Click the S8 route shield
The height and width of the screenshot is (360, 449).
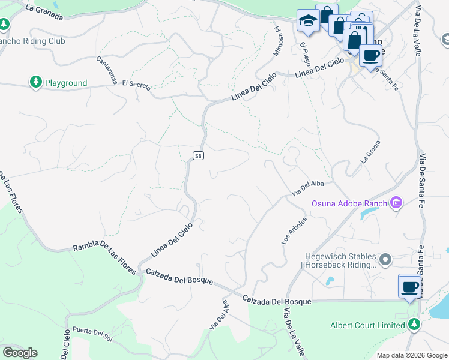pyautogui.click(x=199, y=156)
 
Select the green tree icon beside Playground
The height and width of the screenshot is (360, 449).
pyautogui.click(x=35, y=82)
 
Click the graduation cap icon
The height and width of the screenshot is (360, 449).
pyautogui.click(x=307, y=20)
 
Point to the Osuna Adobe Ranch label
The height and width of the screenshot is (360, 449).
pyautogui.click(x=349, y=203)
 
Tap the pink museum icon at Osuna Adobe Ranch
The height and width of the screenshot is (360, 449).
pyautogui.click(x=396, y=203)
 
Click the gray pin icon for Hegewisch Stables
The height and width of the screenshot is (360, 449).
pyautogui.click(x=385, y=260)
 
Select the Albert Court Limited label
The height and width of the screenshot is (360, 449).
pyautogui.click(x=367, y=325)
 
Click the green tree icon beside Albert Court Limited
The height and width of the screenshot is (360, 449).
pyautogui.click(x=414, y=325)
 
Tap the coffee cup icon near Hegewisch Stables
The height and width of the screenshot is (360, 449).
pyautogui.click(x=410, y=287)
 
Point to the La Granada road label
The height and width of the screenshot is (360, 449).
pyautogui.click(x=44, y=11)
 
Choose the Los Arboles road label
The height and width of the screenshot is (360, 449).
pyautogui.click(x=294, y=230)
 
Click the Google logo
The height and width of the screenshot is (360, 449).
pyautogui.click(x=20, y=353)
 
